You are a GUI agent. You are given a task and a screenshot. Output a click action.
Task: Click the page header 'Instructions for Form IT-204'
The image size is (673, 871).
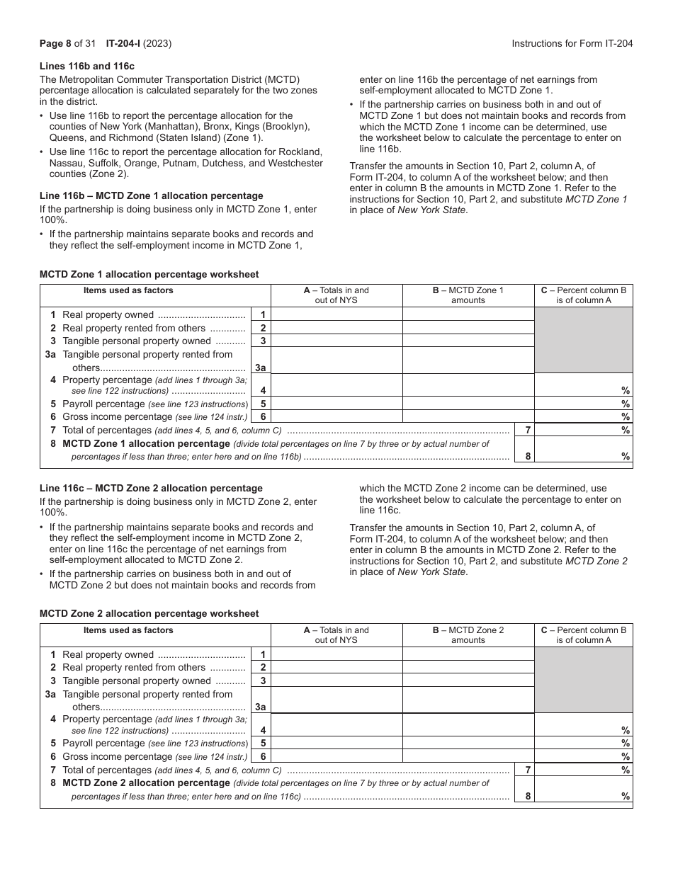tap(572, 43)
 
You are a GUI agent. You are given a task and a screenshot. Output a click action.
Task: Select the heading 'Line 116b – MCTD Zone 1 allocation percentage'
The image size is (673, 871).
tap(151, 195)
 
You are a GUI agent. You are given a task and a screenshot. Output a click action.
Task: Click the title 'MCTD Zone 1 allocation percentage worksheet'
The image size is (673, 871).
tap(149, 274)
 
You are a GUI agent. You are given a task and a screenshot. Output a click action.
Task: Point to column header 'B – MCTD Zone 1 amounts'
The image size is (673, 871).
tap(468, 295)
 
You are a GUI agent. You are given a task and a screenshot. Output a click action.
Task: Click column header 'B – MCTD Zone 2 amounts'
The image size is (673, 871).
tap(468, 635)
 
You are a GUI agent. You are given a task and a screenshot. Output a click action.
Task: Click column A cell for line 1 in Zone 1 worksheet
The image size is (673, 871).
tap(336, 315)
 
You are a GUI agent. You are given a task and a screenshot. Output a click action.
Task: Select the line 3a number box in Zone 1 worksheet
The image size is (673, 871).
tap(261, 368)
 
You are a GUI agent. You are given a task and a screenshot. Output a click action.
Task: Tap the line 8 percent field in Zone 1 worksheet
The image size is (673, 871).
tap(582, 456)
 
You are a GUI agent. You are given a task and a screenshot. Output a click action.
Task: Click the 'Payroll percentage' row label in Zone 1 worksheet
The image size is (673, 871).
tap(103, 404)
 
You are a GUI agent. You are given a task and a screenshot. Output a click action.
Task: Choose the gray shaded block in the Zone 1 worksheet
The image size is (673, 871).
tap(583, 341)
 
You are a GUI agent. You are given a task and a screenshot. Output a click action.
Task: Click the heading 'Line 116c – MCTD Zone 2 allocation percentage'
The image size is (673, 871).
tap(151, 488)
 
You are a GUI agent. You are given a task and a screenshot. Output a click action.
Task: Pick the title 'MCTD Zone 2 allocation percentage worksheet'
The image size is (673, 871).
tap(149, 613)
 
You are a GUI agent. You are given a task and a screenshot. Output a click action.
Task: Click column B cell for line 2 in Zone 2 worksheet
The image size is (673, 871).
tap(468, 668)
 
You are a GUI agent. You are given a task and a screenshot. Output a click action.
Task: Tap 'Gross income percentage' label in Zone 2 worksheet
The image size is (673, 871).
tap(117, 756)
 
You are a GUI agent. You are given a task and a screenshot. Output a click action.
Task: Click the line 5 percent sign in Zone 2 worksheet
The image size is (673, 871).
tap(626, 744)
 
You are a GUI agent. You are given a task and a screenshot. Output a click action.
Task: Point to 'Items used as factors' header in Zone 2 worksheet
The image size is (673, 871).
tap(128, 630)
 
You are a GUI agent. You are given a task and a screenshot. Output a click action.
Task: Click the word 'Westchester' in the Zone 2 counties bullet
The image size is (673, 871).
tap(296, 163)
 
